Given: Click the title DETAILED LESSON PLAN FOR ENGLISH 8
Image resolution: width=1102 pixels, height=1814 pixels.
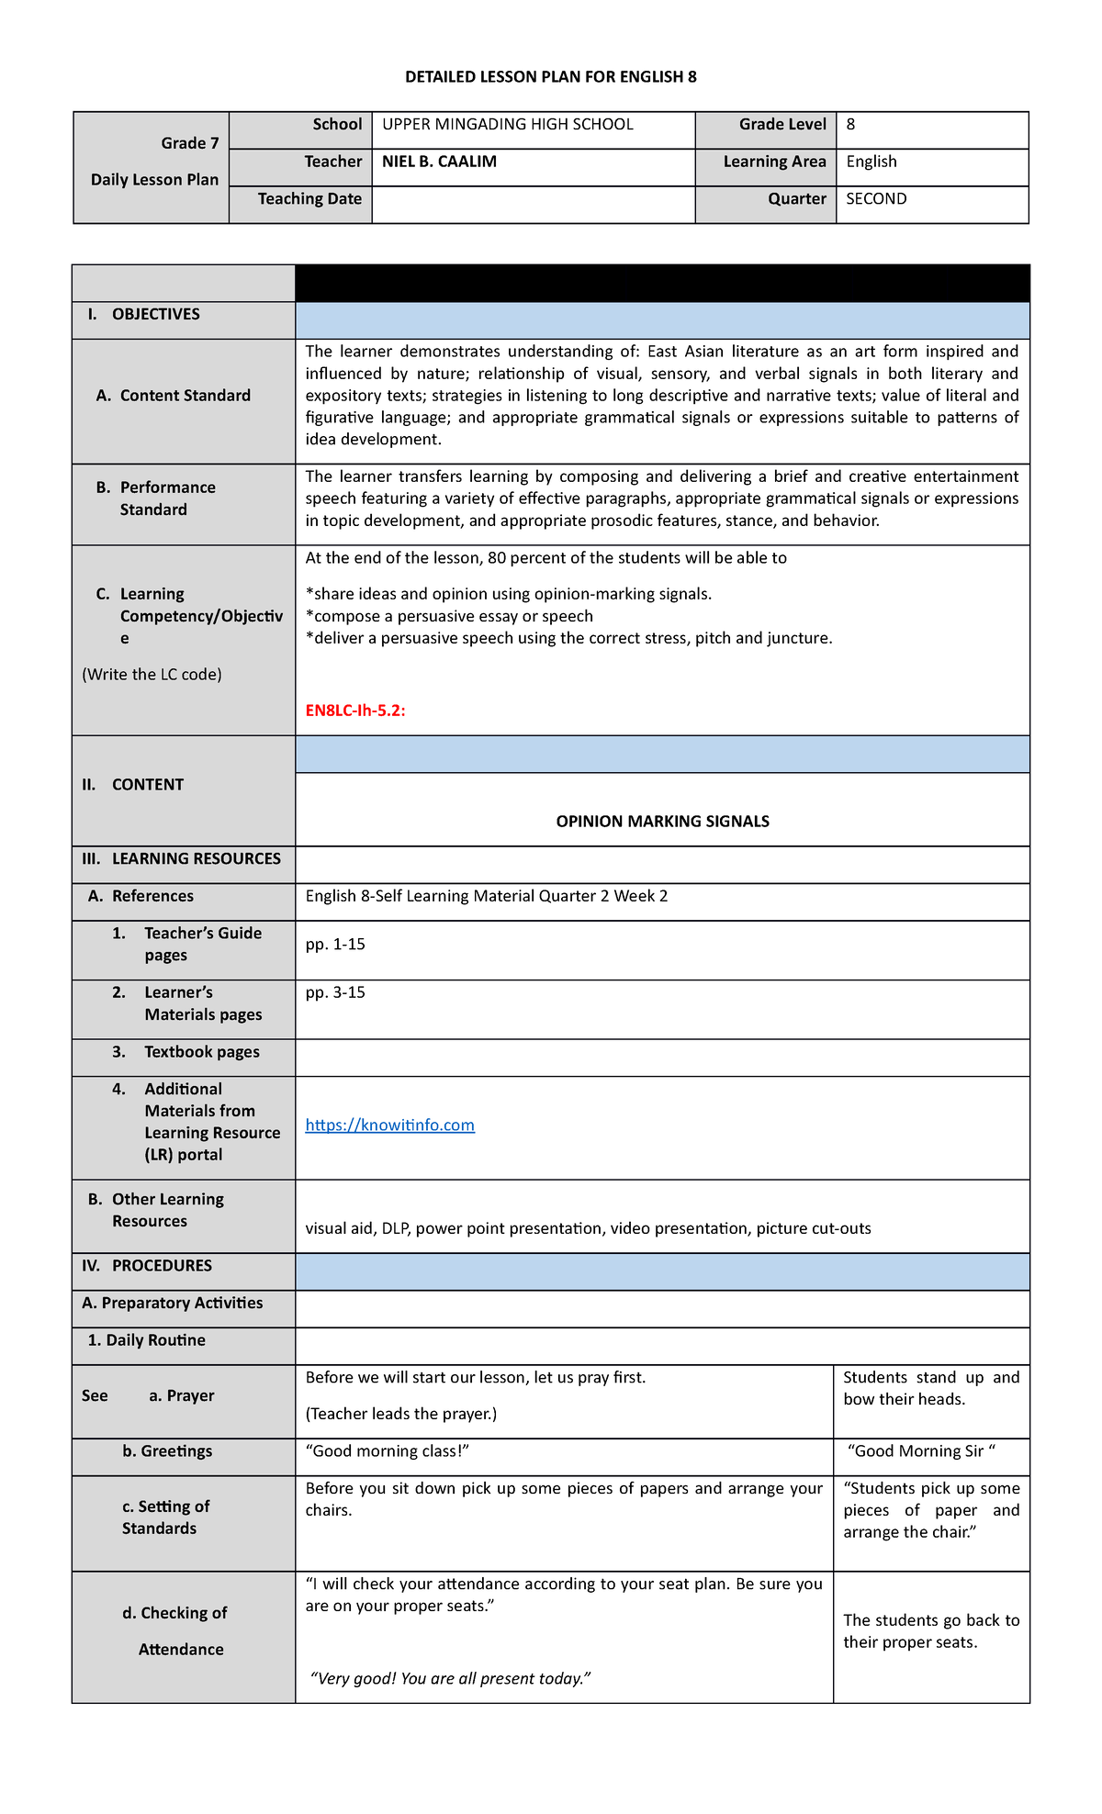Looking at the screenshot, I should pos(550,77).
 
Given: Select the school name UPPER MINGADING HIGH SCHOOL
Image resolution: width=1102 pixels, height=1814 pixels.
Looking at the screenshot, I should pos(507,125).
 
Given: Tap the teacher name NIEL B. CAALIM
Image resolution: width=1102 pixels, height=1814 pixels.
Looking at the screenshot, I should pos(439,162).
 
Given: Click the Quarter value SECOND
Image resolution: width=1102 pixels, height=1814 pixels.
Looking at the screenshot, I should pos(876,199).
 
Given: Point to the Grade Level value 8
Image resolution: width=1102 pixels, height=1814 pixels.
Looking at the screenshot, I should pos(850,125).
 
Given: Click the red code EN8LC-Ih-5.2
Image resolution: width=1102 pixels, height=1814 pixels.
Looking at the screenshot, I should pos(354,711).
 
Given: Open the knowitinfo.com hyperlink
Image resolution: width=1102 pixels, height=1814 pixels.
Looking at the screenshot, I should pos(389,1125).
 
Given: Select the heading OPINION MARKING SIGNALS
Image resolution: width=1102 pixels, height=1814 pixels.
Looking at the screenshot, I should pos(662,822).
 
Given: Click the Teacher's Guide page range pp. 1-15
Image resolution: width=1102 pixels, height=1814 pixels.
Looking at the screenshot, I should pos(335,945).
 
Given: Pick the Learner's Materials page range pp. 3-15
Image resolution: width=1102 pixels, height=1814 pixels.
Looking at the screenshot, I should pos(335,992).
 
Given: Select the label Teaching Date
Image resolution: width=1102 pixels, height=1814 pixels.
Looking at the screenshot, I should pos(309,199).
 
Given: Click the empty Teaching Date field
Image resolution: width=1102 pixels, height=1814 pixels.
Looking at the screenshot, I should pos(533,205).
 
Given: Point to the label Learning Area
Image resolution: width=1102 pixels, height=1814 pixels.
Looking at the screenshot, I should pos(774,162).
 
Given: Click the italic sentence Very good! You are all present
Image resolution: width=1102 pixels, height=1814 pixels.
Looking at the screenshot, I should pos(450,1679).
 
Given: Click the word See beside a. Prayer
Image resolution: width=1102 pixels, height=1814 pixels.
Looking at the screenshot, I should pos(95,1396).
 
